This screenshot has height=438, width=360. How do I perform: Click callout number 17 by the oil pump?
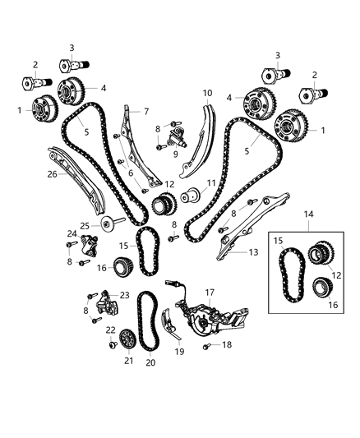[x=209, y=291]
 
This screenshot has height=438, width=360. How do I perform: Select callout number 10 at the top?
[x=207, y=93]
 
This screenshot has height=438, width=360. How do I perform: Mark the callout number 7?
[x=145, y=111]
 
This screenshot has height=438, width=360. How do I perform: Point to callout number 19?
[x=178, y=351]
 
